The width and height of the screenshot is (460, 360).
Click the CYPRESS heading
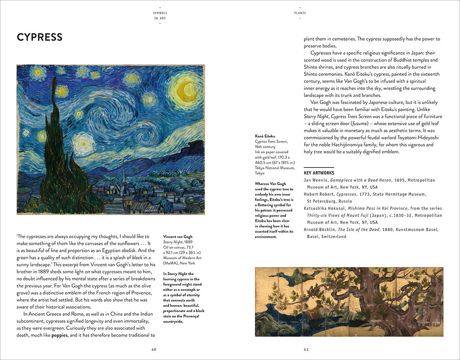[x=39, y=37]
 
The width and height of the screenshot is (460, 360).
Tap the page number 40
[x=154, y=349]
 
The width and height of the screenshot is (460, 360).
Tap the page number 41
[x=306, y=349]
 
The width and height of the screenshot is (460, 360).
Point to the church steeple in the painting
[x=123, y=173]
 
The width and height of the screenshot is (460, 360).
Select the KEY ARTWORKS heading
[x=319, y=173]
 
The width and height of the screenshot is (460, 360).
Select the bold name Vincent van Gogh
[x=178, y=237]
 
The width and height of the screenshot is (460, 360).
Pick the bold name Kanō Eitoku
[x=265, y=136]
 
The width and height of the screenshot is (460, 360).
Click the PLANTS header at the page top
[x=300, y=13]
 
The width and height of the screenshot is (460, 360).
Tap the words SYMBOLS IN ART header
[x=160, y=15]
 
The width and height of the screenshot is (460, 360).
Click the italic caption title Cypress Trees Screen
[x=271, y=141]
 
